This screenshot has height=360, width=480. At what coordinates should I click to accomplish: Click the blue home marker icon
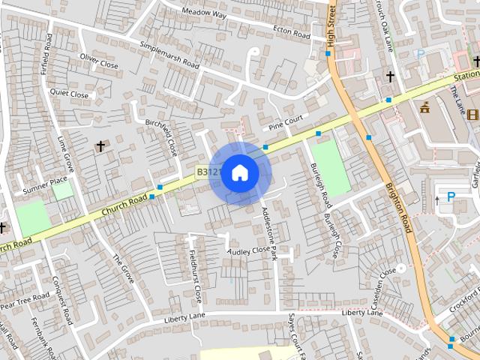239,173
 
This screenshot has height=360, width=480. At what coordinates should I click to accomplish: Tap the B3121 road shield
208,172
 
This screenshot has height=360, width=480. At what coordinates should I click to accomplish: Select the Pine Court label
286,120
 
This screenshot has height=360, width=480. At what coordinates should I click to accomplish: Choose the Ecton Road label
292,34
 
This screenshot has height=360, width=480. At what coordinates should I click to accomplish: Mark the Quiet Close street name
69,94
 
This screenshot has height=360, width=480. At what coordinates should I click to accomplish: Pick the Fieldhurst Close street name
195,276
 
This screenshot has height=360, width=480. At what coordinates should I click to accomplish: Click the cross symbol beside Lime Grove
101,146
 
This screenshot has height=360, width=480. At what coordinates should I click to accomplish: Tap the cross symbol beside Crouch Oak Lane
390,76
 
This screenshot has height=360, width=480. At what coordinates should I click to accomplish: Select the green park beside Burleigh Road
330,164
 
